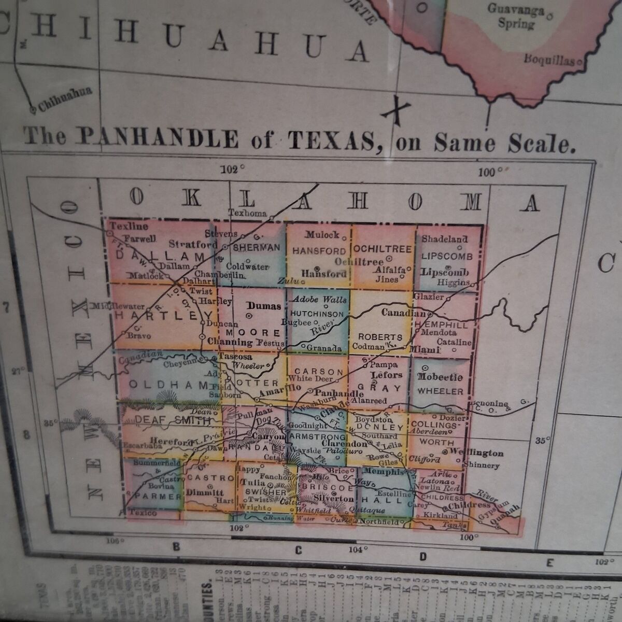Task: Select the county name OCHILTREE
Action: pyautogui.click(x=383, y=249)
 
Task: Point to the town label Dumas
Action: pyautogui.click(x=264, y=306)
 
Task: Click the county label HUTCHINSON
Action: pyautogui.click(x=317, y=314)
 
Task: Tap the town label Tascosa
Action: pyautogui.click(x=235, y=357)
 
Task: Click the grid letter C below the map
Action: pyautogui.click(x=298, y=550)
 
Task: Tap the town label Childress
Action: pyautogui.click(x=469, y=505)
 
